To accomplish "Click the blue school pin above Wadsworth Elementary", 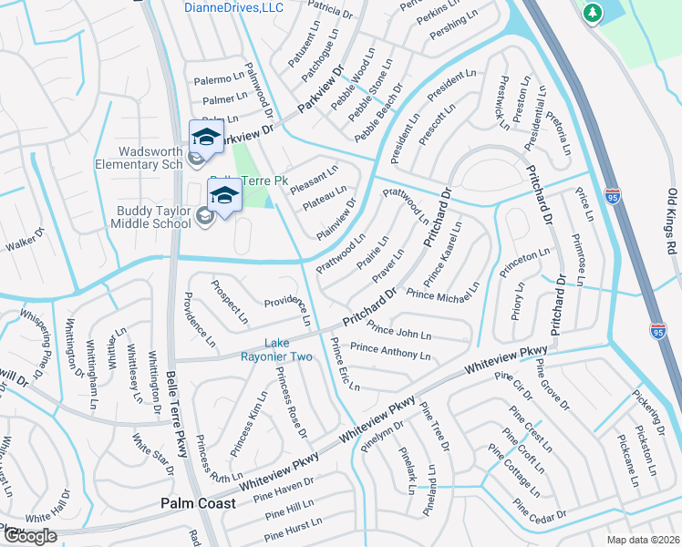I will point(206,137).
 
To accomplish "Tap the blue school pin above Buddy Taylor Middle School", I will point(224,194).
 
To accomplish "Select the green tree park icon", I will point(593,13).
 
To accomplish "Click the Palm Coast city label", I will point(199,502).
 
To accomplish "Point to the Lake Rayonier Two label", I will point(288,350).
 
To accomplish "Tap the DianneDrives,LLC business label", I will point(233,7).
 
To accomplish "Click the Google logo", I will point(29,536).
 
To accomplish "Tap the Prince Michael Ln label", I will point(443,294).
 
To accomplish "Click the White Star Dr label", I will point(152,454).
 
